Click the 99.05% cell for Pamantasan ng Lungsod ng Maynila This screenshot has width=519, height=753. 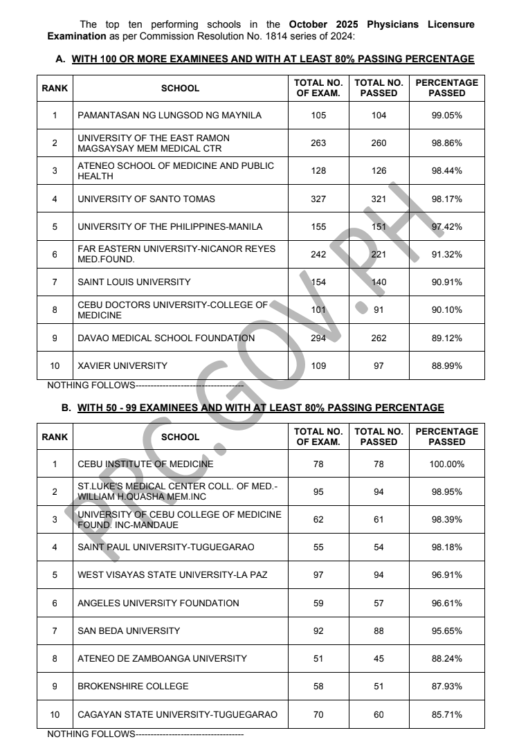446,116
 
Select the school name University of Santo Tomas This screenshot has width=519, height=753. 146,199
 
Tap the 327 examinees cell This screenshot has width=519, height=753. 318,199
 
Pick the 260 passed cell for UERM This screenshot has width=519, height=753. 379,143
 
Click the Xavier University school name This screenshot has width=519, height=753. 122,366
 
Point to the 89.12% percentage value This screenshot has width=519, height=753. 446,338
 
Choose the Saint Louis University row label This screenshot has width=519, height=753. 134,282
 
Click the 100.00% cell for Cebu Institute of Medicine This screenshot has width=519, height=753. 446,464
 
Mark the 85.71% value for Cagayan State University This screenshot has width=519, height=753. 446,715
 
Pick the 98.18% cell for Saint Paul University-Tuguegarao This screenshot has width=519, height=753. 446,547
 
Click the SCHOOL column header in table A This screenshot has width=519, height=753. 180,89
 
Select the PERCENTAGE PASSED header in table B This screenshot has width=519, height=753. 446,437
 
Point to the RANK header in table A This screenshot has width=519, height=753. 55,89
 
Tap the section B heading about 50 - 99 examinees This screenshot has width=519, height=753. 260,408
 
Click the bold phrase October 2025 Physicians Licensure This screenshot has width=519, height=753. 387,24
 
